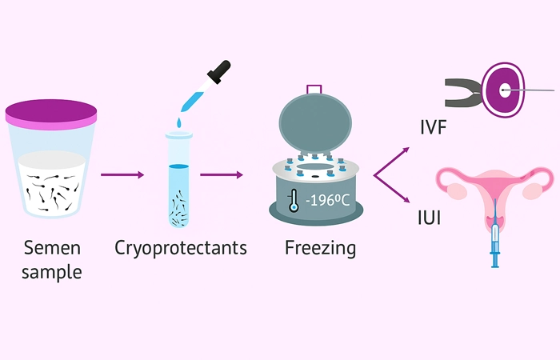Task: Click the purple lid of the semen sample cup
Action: click(51, 114)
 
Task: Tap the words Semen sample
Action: click(52, 259)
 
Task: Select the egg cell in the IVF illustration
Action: click(505, 91)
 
